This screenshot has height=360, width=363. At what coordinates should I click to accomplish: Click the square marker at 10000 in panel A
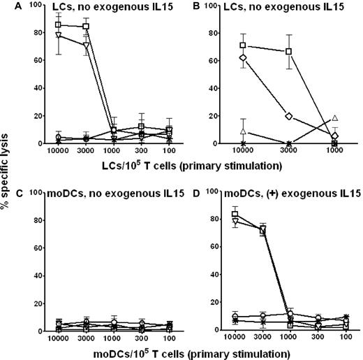[58, 24]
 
